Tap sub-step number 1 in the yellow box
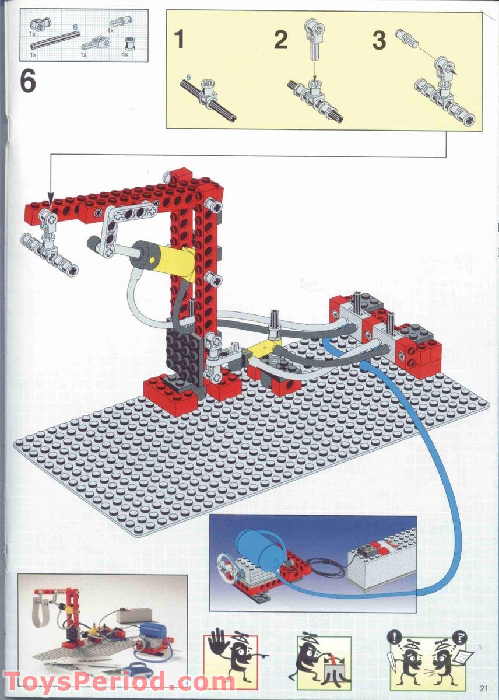point(180,40)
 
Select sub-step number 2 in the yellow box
point(281,40)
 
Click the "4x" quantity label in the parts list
point(124,55)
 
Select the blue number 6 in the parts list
point(75,27)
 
